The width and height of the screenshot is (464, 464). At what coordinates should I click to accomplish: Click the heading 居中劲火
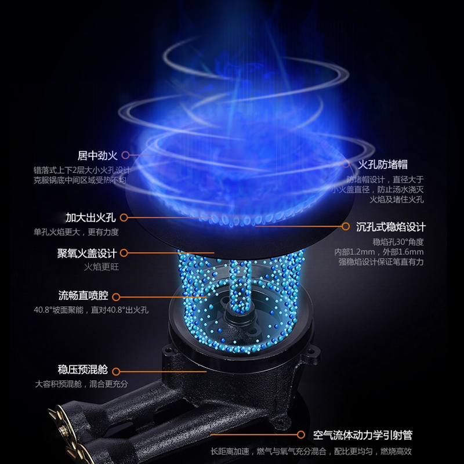pyautogui.click(x=97, y=155)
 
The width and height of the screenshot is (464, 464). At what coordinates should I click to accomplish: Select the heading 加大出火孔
pyautogui.click(x=90, y=217)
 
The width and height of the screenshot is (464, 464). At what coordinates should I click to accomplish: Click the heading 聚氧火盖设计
pyautogui.click(x=87, y=253)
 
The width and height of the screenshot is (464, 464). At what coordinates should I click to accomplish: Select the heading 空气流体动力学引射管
pyautogui.click(x=362, y=435)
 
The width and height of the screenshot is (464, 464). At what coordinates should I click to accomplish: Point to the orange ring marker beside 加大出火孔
pyautogui.click(x=124, y=217)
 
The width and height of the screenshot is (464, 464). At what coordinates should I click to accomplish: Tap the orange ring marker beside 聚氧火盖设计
pyautogui.click(x=124, y=253)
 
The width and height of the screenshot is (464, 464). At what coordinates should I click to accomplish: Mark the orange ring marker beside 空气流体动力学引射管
pyautogui.click(x=301, y=434)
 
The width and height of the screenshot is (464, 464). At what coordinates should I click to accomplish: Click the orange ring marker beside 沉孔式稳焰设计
pyautogui.click(x=346, y=226)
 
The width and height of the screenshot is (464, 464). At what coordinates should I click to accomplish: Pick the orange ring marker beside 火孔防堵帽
pyautogui.click(x=346, y=164)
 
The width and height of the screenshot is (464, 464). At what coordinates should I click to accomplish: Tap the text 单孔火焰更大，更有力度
pyautogui.click(x=76, y=232)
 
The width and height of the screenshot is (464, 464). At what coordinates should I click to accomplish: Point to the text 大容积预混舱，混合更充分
pyautogui.click(x=81, y=384)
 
